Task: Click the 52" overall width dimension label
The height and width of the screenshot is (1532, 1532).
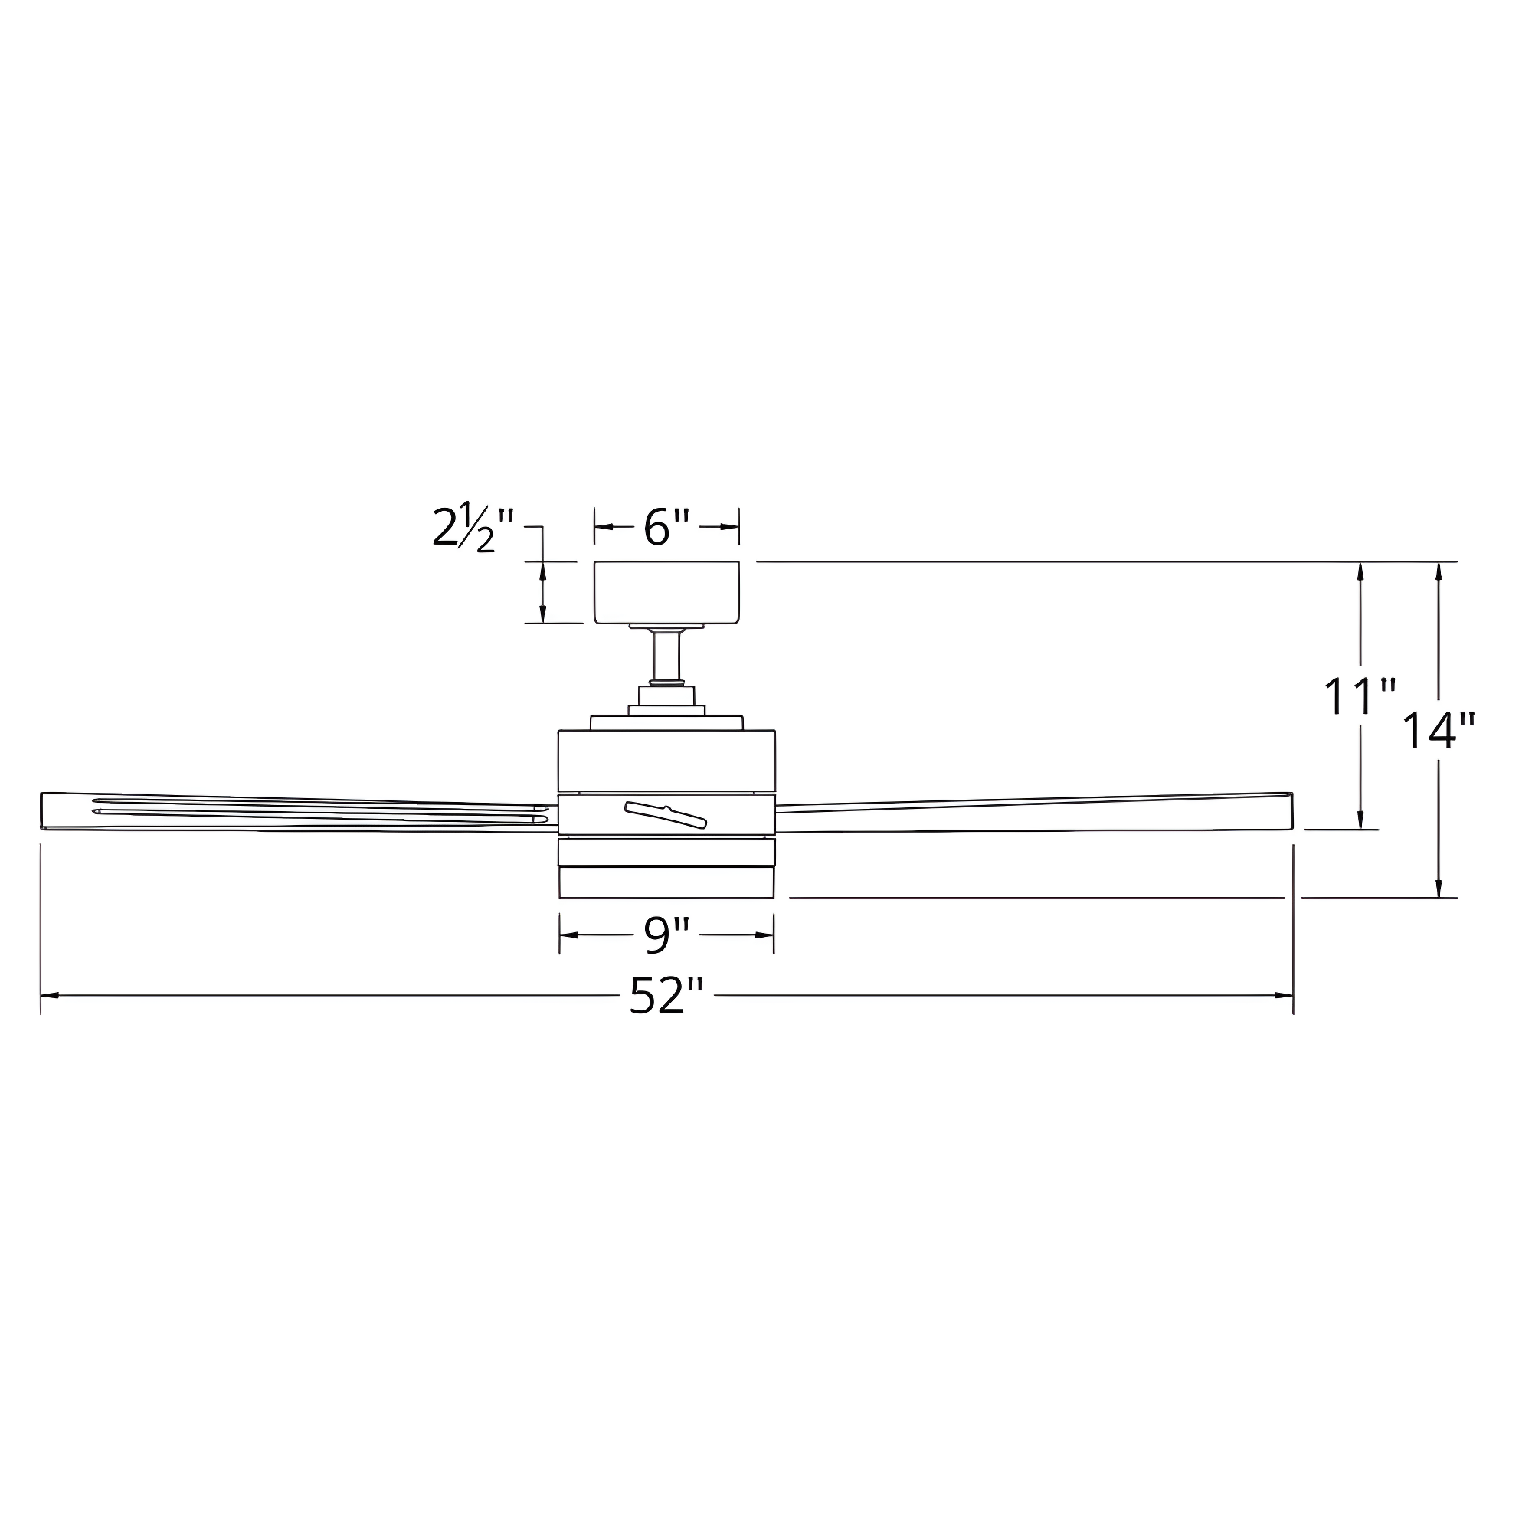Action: click(x=666, y=995)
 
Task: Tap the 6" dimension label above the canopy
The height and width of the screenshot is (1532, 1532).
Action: click(x=666, y=527)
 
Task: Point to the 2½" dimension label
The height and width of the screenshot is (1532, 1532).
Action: click(x=473, y=527)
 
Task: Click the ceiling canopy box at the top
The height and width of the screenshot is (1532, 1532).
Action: click(x=667, y=592)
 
